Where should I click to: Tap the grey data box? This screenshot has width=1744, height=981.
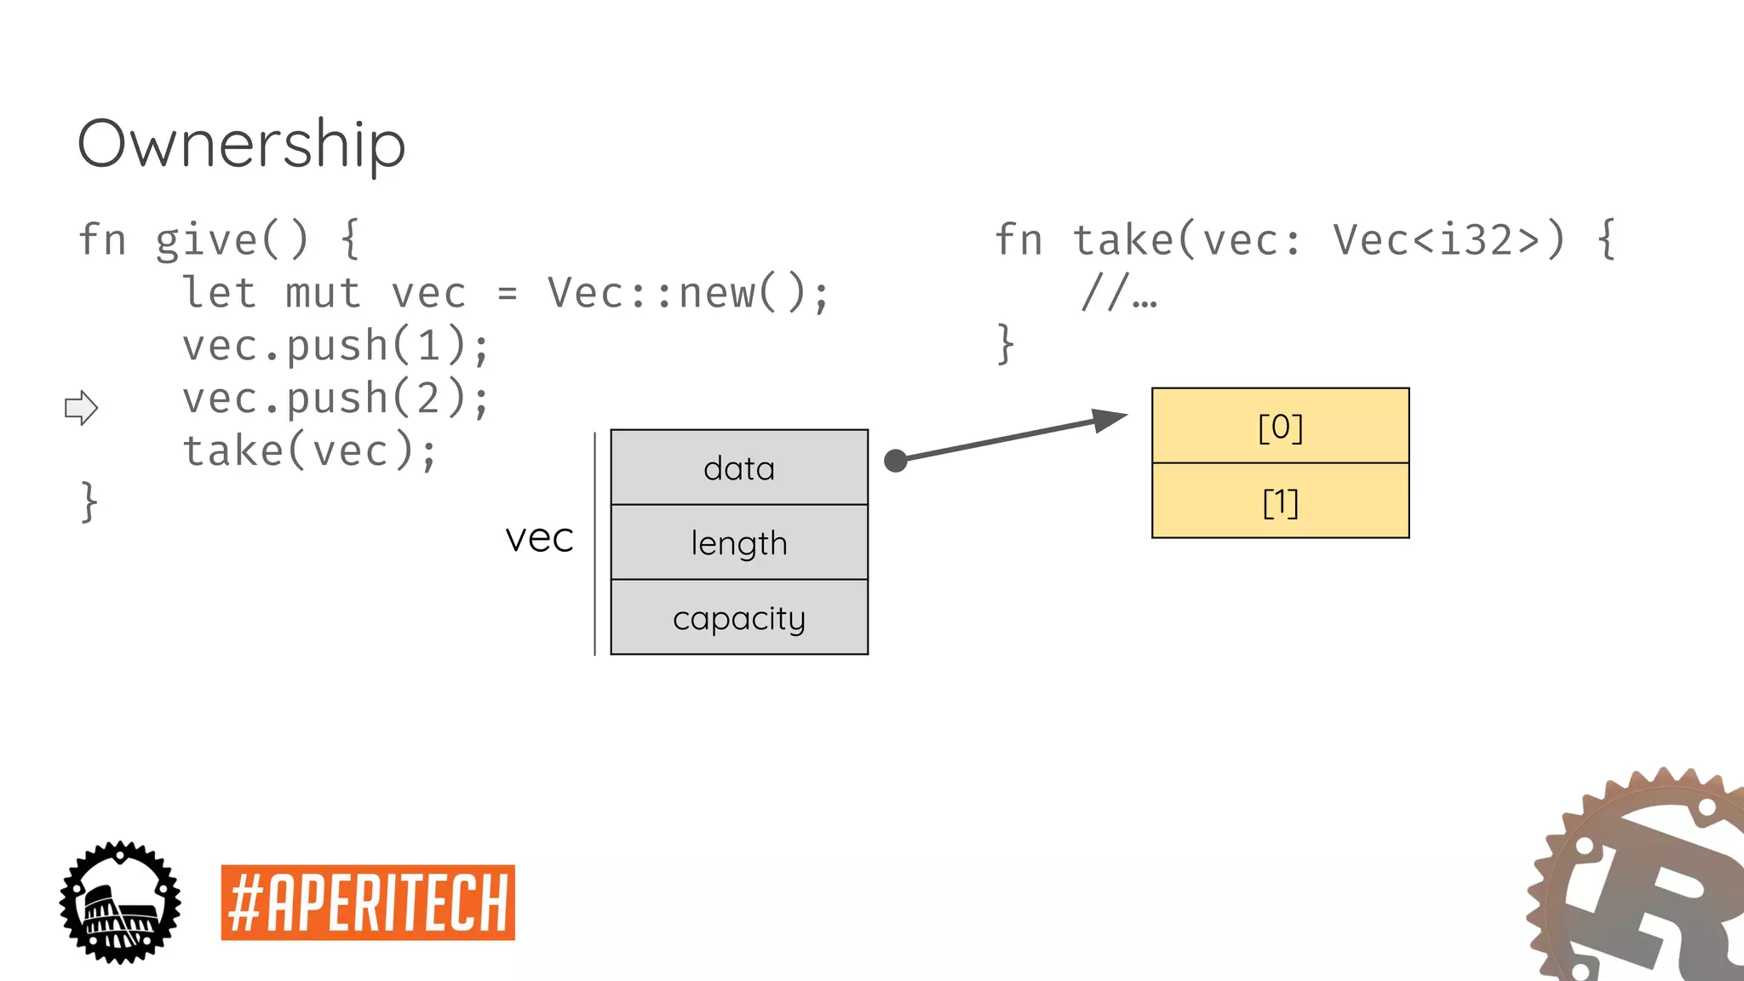coord(739,468)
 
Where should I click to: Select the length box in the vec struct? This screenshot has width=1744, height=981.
coord(739,542)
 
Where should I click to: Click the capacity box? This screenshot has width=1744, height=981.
coord(739,617)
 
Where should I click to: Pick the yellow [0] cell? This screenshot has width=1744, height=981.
coord(1280,426)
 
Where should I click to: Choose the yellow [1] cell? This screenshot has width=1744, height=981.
coord(1280,502)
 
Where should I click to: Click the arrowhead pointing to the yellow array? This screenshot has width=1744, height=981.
coord(1110,420)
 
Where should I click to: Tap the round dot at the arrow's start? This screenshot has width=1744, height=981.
coord(895,461)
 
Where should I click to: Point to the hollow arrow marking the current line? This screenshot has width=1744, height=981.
coord(82,408)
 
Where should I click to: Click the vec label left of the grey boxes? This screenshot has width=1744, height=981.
coord(539,538)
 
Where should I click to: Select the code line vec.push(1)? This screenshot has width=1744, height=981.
coord(336,346)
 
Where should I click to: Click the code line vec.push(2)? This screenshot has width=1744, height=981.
coord(336,399)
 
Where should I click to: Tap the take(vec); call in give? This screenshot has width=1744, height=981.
coord(309,451)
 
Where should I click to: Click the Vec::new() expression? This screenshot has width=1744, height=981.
coord(686,293)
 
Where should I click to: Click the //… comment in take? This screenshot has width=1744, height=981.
coord(1119,293)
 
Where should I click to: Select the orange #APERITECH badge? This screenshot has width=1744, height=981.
coord(368,903)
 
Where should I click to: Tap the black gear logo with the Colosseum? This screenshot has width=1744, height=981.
coord(120,903)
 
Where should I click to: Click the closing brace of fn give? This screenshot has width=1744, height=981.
coord(89,502)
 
